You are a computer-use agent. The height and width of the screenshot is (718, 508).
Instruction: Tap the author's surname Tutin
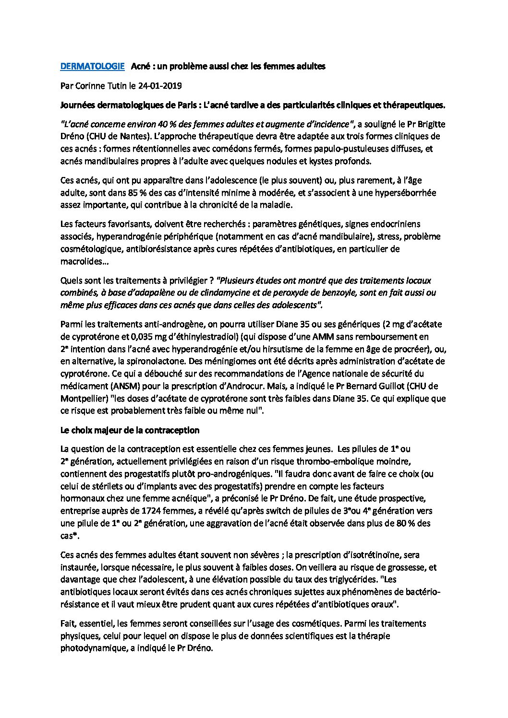[x=112, y=86]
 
